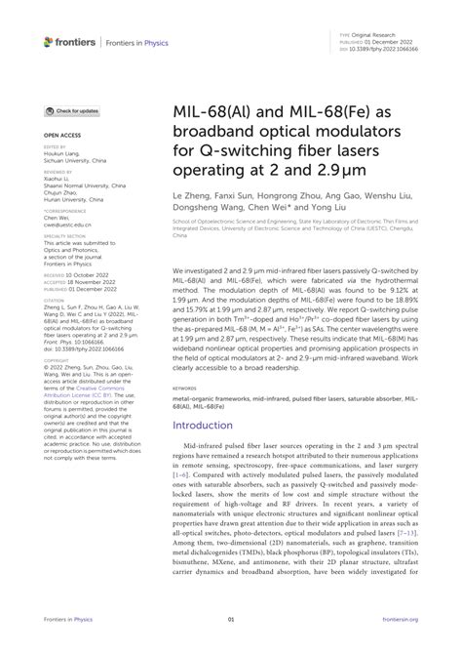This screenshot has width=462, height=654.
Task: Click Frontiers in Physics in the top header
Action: [138, 42]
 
